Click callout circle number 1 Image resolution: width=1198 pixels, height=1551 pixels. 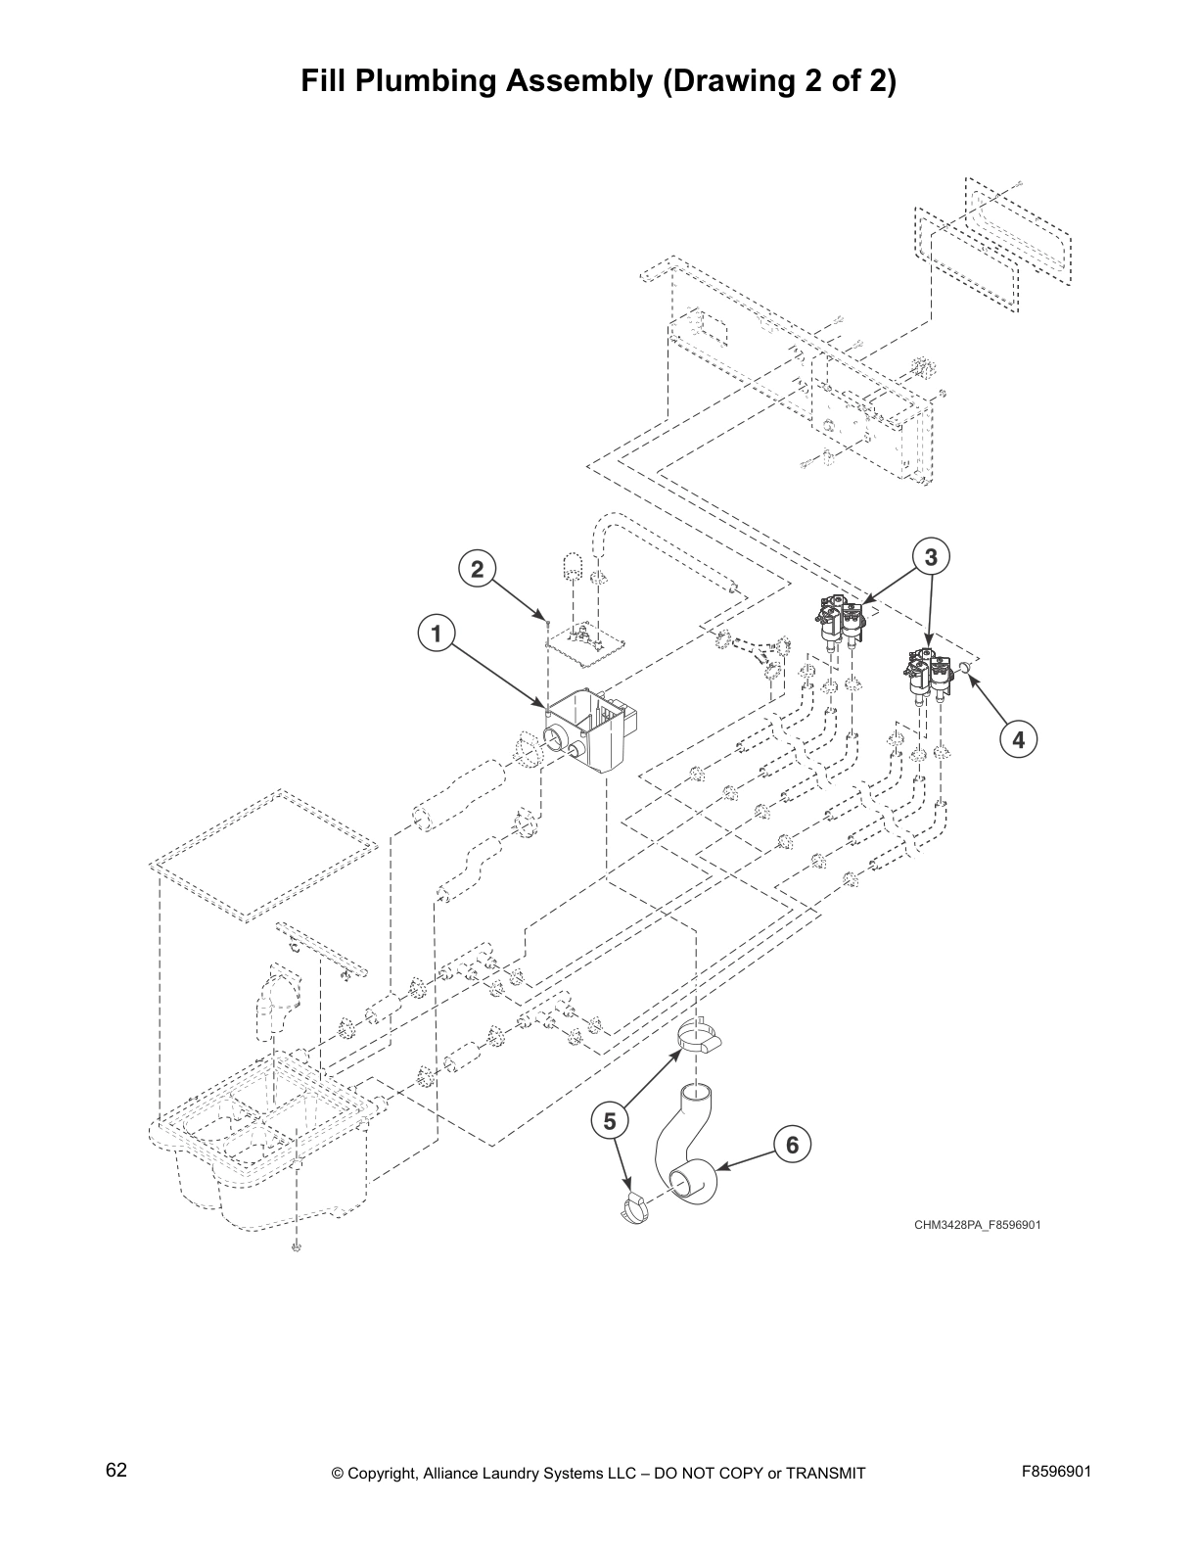coord(437,634)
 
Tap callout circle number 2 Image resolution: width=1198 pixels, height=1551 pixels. coord(477,569)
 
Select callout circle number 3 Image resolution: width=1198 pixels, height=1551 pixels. coord(931,557)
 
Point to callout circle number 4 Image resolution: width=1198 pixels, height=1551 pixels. coord(1018,739)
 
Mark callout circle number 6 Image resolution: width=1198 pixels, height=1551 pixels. coord(792,1144)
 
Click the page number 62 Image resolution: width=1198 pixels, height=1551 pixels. coord(116,1470)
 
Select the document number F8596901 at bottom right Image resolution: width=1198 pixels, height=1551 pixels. coord(1056,1472)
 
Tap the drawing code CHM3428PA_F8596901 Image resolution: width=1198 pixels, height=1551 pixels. coord(971,1224)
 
